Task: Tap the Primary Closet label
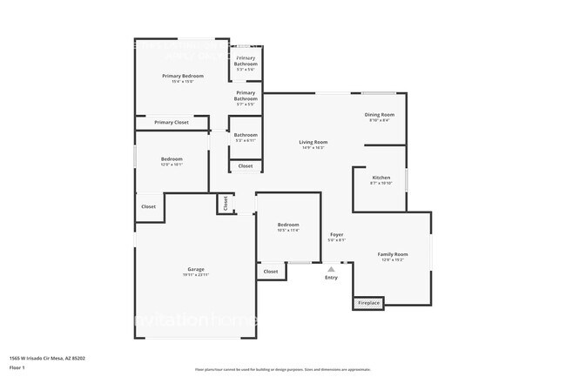[x=172, y=123]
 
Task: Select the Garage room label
[x=196, y=269]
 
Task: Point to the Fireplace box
[x=368, y=303]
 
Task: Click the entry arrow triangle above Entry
[x=331, y=270]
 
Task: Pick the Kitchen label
[x=381, y=178]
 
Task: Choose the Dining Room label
[x=380, y=115]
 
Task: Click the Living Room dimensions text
[x=313, y=148]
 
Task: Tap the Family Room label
[x=392, y=254]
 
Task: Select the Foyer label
[x=336, y=234]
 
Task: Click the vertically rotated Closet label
[x=226, y=204]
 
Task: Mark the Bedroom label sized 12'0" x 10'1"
[x=172, y=158]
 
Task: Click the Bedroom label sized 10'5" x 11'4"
[x=288, y=225]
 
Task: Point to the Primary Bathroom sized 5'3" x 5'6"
[x=246, y=58]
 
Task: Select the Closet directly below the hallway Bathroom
[x=246, y=165]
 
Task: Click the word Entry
[x=331, y=278]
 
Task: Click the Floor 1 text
[x=17, y=367]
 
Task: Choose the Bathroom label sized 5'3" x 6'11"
[x=246, y=135]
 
